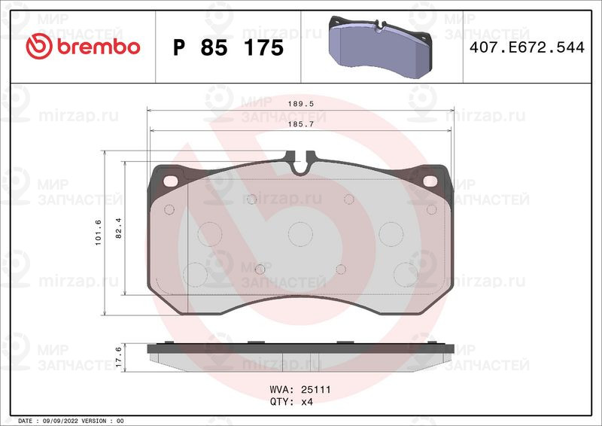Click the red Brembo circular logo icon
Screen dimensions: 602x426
[39, 46]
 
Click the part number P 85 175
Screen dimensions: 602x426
[229, 47]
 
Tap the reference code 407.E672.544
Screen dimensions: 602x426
[527, 47]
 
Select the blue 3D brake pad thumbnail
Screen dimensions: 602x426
[381, 47]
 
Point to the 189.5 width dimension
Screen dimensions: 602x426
[301, 104]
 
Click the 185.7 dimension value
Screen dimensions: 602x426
[301, 124]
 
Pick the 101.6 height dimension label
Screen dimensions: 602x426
[99, 233]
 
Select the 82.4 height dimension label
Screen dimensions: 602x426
[119, 228]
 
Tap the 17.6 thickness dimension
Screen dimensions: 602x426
[119, 357]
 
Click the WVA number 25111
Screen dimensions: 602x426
[315, 390]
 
